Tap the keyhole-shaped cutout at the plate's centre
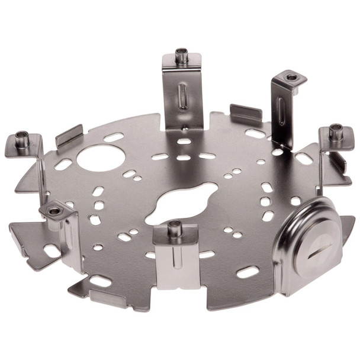[x=184, y=204]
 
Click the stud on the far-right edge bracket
[x=336, y=131]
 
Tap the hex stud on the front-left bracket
[x=54, y=210]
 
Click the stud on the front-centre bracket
[x=174, y=227]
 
